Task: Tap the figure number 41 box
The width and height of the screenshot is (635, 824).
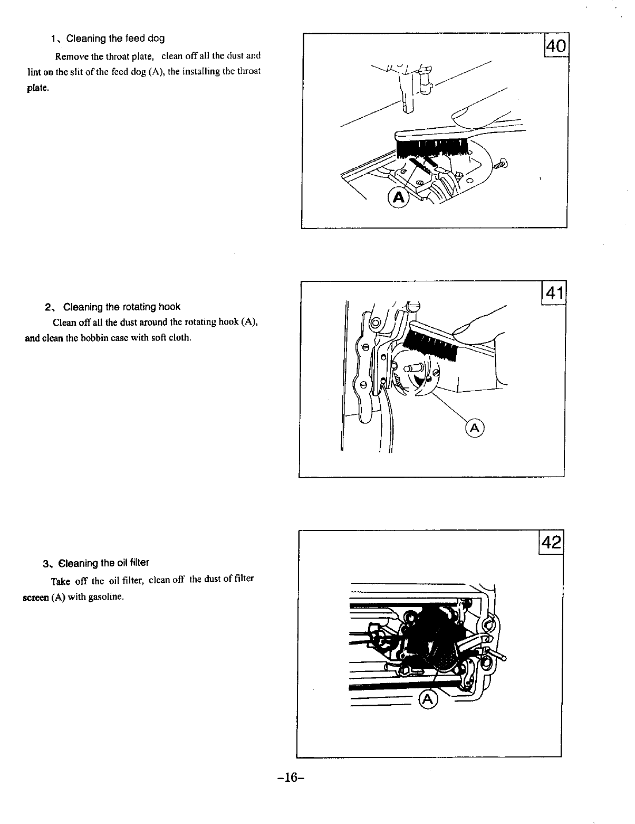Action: click(553, 293)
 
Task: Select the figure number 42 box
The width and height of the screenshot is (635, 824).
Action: click(551, 542)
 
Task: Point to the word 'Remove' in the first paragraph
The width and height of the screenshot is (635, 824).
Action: click(77, 56)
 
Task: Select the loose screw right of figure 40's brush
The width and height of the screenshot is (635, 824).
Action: click(501, 164)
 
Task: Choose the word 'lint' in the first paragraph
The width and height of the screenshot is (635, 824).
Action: click(33, 72)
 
